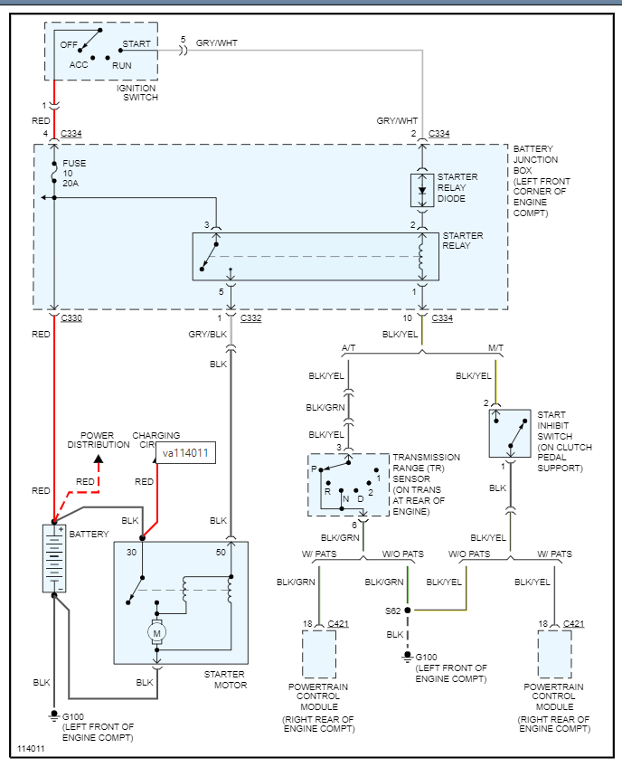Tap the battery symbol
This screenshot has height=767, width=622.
[x=54, y=558]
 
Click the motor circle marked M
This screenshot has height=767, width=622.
[x=157, y=634]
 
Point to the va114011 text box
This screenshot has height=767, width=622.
[x=186, y=453]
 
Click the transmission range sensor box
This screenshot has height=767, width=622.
[x=347, y=484]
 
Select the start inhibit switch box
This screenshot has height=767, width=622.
[x=510, y=433]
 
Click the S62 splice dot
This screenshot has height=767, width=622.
[x=408, y=611]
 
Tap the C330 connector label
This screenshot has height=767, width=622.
[x=71, y=318]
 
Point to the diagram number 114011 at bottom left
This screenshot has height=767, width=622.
[x=33, y=750]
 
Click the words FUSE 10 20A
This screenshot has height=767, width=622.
[x=73, y=174]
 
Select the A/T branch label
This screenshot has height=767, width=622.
[x=349, y=347]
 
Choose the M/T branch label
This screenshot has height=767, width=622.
[x=496, y=347]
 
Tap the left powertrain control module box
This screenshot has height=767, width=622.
[x=318, y=654]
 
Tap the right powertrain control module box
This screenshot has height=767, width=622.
[x=554, y=654]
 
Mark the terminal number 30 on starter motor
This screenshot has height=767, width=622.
[x=131, y=552]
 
